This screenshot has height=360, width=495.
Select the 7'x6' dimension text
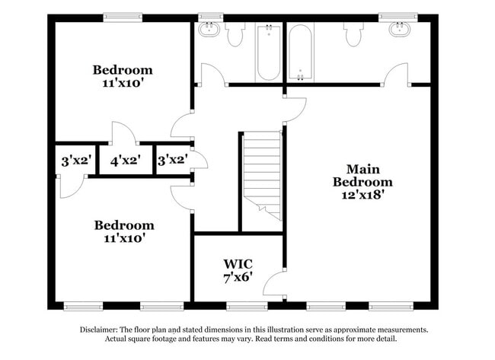(x=238, y=278)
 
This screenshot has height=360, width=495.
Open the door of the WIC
(x=274, y=287)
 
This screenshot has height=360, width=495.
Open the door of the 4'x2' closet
(x=123, y=133)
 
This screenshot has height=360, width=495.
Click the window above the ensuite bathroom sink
(x=399, y=15)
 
